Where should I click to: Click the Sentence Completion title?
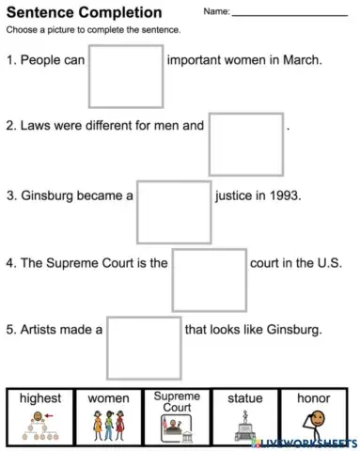[84, 12]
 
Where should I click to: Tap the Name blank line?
[289, 15]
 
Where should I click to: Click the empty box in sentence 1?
[126, 75]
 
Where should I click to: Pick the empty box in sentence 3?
[174, 211]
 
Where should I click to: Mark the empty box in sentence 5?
[144, 347]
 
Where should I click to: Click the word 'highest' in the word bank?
[39, 398]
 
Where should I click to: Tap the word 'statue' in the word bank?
[245, 398]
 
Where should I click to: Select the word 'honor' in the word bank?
[314, 398]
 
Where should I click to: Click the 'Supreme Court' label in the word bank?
[177, 401]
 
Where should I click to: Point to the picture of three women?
[108, 425]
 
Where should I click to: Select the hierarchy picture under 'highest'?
[39, 425]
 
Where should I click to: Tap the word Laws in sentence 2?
[36, 124]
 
